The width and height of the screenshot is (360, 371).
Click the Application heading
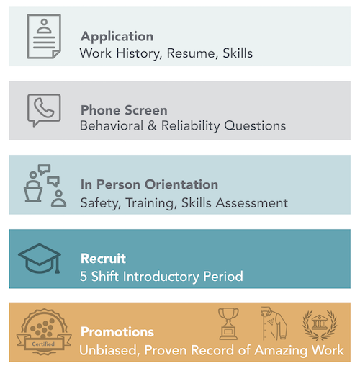click(117, 37)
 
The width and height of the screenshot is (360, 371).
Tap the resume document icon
click(44, 36)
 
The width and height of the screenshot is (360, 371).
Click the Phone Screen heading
click(124, 110)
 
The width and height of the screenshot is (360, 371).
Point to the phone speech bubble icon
click(44, 110)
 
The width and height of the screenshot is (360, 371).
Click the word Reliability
click(191, 126)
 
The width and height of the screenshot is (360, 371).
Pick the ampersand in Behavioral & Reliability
click(152, 125)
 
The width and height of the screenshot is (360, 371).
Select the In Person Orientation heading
click(149, 184)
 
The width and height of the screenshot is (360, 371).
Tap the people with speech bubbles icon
click(45, 186)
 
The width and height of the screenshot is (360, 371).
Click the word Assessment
click(252, 203)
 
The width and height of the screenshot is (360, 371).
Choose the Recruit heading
click(103, 259)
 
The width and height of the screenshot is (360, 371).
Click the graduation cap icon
click(40, 259)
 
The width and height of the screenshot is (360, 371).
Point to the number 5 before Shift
click(84, 277)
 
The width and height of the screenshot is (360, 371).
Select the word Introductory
click(161, 277)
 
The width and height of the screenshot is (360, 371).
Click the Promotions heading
click(117, 332)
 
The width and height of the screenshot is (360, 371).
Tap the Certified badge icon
click(44, 331)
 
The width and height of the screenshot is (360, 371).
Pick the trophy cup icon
click(228, 323)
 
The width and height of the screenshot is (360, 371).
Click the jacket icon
click(274, 323)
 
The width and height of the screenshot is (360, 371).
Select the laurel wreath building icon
click(320, 325)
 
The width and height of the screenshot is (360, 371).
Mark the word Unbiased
click(109, 350)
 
